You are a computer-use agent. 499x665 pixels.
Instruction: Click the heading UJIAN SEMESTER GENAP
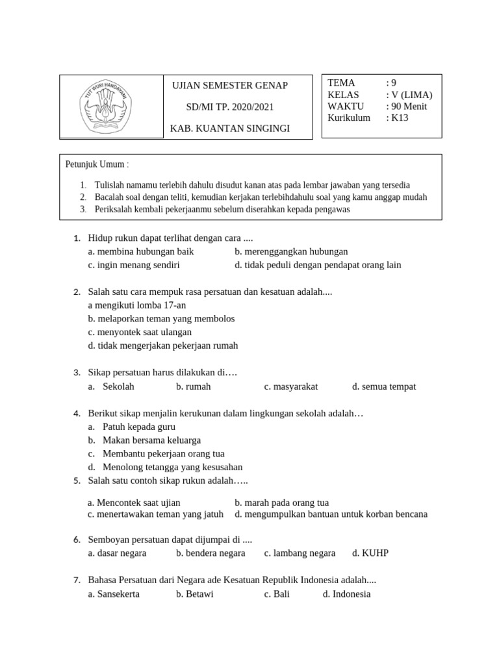click(229, 86)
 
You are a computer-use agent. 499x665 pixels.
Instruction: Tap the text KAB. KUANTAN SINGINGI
click(229, 129)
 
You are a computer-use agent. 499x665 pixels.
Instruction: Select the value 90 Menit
click(407, 107)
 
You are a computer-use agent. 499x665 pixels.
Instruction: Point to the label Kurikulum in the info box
click(349, 118)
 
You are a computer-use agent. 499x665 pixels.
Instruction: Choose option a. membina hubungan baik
click(141, 251)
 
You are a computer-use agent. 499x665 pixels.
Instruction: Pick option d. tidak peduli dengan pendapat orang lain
click(318, 265)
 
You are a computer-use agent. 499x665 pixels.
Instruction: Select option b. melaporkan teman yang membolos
click(161, 319)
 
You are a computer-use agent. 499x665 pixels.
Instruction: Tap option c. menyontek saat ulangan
click(140, 332)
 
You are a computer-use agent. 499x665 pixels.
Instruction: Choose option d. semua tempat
click(384, 386)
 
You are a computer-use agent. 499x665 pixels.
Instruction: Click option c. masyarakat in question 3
click(291, 386)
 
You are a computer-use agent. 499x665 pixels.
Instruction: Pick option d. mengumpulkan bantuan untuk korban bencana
click(331, 514)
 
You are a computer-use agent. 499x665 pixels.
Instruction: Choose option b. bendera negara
click(211, 553)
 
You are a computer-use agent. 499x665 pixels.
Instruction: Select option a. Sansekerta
click(114, 594)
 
